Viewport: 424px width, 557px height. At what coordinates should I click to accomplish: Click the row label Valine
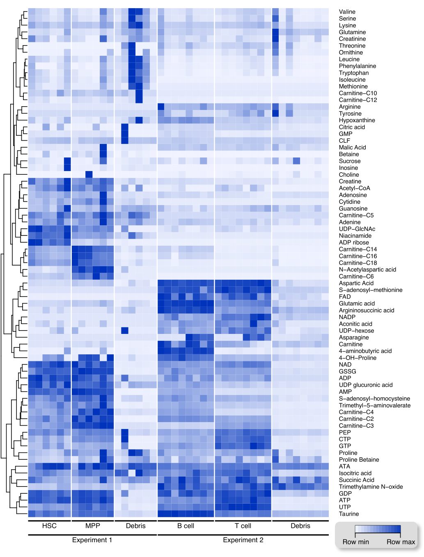347,11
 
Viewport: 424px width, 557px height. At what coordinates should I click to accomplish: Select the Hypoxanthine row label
357,120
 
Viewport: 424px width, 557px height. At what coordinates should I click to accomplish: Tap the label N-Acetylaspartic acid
367,269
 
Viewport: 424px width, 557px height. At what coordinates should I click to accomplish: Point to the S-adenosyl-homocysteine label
374,398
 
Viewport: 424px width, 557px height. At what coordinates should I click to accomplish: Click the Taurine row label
348,514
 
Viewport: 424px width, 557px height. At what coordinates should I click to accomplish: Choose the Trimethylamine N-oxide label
371,487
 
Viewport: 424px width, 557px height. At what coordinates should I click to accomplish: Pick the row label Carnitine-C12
358,100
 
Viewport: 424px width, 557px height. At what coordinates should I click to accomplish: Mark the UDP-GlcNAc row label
357,229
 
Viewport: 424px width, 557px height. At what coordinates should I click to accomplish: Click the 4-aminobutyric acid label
365,351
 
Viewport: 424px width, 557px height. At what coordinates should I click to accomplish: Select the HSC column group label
49,526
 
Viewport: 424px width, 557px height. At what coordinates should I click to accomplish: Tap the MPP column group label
93,526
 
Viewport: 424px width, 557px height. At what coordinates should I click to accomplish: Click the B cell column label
186,526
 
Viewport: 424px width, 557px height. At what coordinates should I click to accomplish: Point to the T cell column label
243,526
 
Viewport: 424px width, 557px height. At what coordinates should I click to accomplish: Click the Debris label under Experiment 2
300,526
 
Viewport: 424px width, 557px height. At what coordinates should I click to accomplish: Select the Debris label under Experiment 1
136,526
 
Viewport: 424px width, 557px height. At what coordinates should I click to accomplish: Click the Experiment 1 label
92,540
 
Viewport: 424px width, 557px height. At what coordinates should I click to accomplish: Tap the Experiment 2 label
243,540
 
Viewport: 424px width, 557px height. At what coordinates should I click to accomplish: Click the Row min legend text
355,542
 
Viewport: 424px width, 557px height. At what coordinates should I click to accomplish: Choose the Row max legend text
401,542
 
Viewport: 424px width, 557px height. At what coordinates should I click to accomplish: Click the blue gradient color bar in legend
378,529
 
